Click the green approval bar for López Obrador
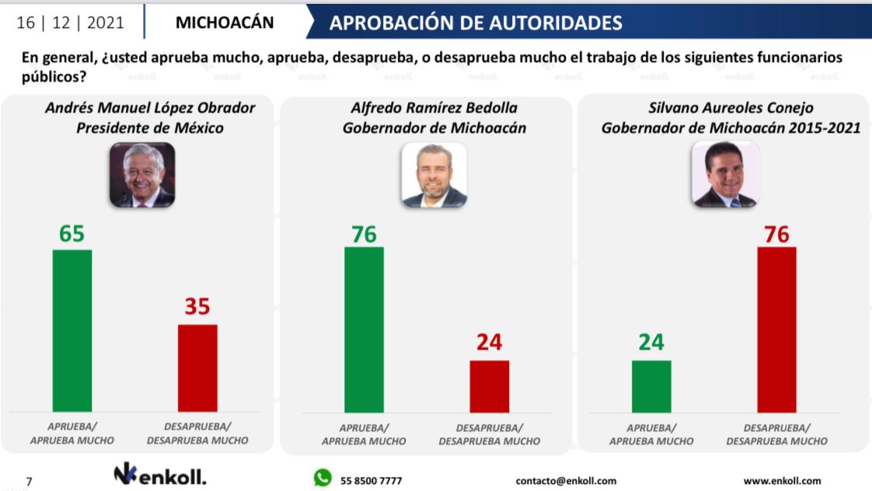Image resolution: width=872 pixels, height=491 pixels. point(72,330)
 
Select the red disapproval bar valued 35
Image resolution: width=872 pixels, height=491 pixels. point(197,367)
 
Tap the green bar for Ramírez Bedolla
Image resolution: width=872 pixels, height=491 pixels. point(364,329)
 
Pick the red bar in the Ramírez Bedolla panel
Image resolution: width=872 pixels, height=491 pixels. point(489,386)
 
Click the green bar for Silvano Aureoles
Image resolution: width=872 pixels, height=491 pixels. point(651,386)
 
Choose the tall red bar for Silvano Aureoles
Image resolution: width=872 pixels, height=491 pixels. point(776,329)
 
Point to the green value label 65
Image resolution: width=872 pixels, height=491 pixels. point(72,233)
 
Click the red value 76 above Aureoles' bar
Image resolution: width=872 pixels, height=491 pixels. point(776,233)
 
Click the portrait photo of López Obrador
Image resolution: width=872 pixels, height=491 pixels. point(141,175)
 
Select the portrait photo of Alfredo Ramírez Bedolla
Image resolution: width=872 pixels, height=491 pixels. point(434,175)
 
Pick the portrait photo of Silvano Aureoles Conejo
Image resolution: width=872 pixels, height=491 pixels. point(724,175)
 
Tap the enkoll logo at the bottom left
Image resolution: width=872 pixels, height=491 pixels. point(160,475)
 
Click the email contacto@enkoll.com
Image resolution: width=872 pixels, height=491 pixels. point(566,480)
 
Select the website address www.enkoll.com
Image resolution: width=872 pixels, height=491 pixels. point(782,480)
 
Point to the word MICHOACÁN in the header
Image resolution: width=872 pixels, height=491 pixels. point(225,23)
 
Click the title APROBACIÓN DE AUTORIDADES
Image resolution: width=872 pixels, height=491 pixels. point(476,23)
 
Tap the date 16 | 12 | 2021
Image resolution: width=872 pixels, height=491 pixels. point(70,23)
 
